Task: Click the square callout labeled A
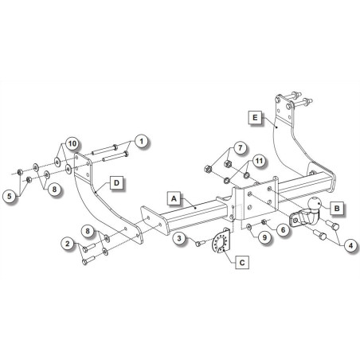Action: pos(174,198)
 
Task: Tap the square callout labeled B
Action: pos(337,209)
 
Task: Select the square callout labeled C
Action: pos(242,263)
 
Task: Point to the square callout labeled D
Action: pos(116,182)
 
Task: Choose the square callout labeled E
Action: pos(255,117)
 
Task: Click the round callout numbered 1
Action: pos(141,142)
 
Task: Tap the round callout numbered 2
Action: pos(68,243)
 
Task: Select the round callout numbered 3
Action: pos(179,238)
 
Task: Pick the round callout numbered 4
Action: pos(351,246)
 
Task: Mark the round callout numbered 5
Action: pos(10,197)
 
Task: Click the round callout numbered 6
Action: pos(283,230)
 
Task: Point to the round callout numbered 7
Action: pos(241,147)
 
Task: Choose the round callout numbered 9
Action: pos(264,237)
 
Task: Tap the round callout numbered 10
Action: pos(72,143)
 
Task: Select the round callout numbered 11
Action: pos(259,161)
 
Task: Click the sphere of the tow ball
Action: pos(314,205)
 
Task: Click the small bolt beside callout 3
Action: pos(200,243)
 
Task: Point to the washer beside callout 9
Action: pos(249,226)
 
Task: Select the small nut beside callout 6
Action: pos(264,221)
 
